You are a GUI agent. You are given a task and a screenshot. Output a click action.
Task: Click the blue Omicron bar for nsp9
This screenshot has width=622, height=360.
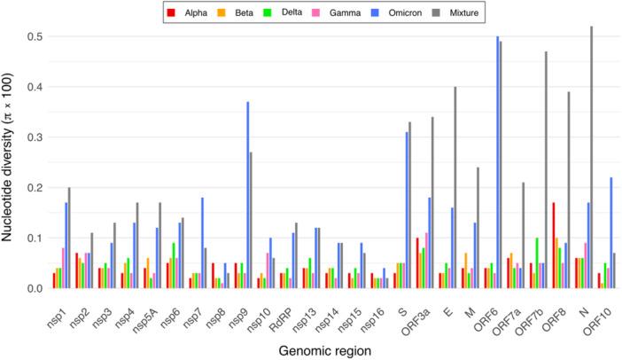click(247, 195)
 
